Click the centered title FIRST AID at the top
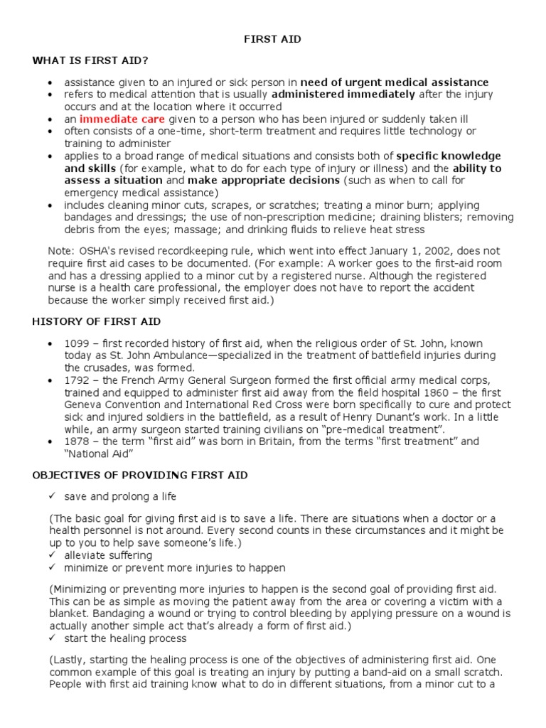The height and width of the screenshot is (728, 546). (x=272, y=40)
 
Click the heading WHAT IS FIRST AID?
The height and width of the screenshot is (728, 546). (x=90, y=61)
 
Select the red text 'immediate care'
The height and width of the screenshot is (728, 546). (x=122, y=119)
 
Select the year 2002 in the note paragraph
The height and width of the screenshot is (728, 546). (x=443, y=251)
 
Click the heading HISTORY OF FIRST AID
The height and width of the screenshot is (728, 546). (x=96, y=321)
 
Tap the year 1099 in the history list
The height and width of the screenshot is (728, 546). (x=77, y=343)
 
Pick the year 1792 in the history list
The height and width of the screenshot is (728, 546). (x=77, y=380)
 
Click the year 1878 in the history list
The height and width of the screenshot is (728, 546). (x=77, y=441)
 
